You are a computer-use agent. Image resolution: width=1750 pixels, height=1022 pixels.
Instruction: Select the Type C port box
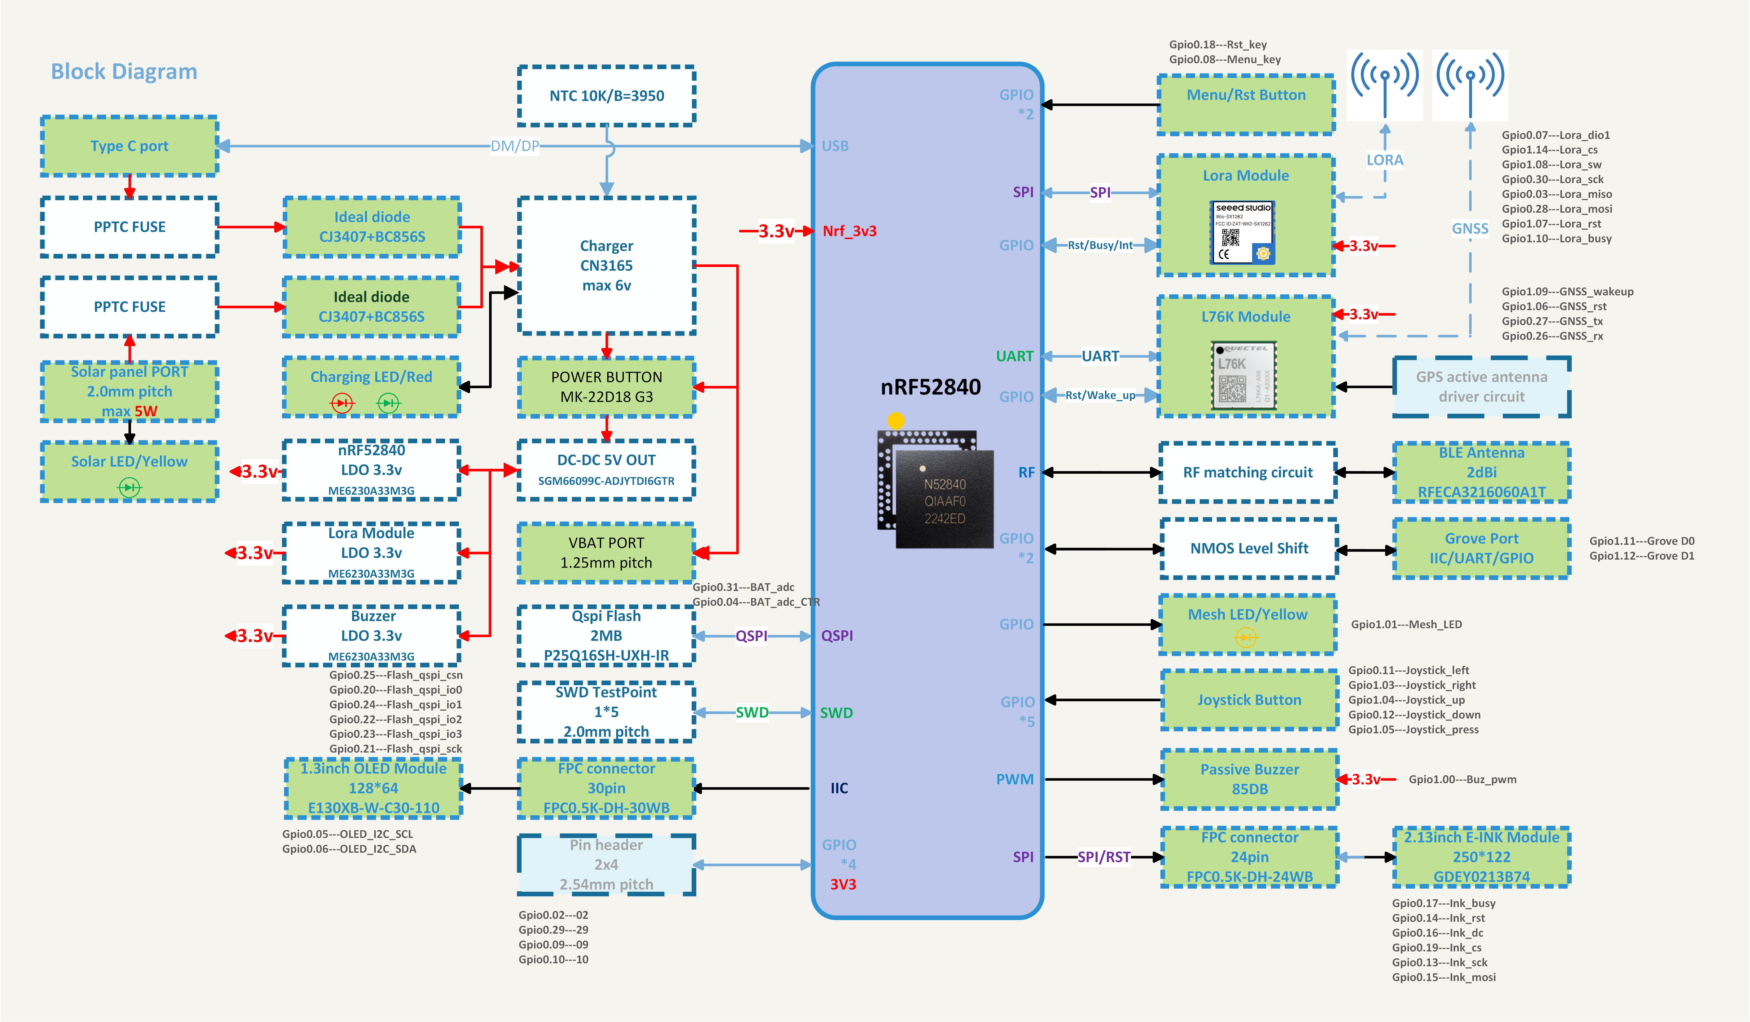coord(130,146)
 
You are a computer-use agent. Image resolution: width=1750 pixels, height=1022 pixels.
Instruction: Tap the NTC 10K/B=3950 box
coord(606,96)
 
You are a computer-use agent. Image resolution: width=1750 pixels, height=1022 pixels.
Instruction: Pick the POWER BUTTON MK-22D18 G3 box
coord(606,387)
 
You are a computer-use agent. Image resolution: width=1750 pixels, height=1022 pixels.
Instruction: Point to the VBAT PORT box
coord(606,553)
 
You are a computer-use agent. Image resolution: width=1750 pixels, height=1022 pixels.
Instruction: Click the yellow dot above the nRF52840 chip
coord(896,420)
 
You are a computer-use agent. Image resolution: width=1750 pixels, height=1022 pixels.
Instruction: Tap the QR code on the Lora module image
coord(1230,238)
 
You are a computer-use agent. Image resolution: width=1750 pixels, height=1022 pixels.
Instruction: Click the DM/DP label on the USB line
coord(514,146)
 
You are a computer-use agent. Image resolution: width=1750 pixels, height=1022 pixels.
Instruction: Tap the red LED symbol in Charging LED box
coord(342,403)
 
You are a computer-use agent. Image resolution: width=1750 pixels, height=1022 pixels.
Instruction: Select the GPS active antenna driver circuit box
coord(1481,387)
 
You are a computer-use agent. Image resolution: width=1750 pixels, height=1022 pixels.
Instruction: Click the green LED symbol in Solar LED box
coord(129,487)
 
